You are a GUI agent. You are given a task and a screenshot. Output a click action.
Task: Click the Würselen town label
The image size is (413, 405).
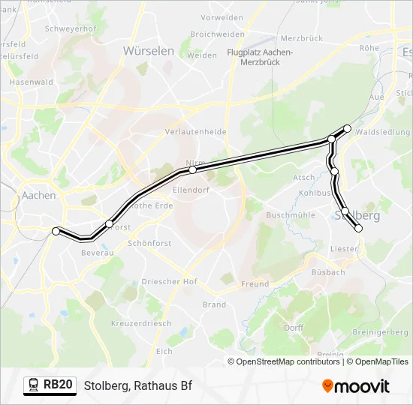(148, 51)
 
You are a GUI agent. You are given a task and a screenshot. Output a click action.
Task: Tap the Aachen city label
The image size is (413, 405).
(39, 195)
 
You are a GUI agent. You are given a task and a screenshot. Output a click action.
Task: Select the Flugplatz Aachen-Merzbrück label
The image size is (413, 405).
(260, 57)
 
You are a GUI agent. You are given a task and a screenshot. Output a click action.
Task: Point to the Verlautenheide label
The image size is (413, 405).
(195, 131)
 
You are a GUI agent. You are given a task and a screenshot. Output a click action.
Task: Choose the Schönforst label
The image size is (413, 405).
(151, 244)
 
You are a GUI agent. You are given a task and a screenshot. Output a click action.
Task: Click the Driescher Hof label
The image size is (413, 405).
(169, 281)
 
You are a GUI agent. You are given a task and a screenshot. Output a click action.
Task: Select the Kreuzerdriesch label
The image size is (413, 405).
(140, 323)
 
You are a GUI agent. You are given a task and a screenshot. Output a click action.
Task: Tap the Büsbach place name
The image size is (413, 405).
(328, 272)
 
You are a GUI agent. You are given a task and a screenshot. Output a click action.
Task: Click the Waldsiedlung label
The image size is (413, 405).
(384, 132)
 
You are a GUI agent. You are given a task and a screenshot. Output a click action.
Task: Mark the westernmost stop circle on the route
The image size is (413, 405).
(56, 232)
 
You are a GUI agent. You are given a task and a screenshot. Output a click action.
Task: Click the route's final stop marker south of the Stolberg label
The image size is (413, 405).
(358, 228)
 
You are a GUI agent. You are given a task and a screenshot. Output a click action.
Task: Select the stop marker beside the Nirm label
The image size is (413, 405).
(193, 170)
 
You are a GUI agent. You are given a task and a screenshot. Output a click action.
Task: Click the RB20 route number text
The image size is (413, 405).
(58, 385)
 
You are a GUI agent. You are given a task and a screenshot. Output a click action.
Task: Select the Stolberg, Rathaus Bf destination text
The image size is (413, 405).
(138, 386)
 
